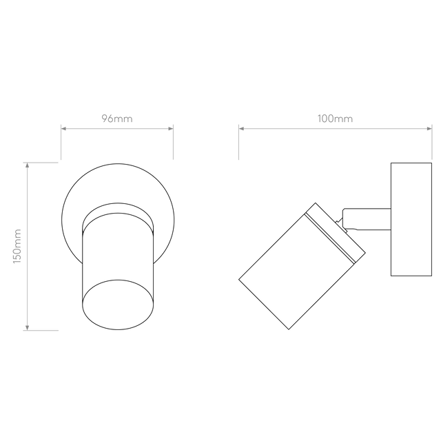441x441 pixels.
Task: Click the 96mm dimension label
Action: pos(117,119)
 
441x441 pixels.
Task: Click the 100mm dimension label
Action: pos(335,119)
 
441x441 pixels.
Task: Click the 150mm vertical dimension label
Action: pos(17,246)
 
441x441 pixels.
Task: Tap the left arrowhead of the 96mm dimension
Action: pos(63,129)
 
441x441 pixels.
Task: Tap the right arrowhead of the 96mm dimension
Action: pos(171,129)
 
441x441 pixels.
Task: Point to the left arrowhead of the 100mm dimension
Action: pos(241,129)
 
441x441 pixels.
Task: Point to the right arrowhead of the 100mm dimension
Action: pos(429,129)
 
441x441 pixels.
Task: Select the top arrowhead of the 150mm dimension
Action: pos(28,165)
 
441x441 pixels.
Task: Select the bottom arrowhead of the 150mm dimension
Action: pos(28,328)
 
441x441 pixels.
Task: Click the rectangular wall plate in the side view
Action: pos(411,219)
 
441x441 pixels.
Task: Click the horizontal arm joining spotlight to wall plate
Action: pos(367,219)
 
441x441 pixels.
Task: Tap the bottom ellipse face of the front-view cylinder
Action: pos(118,305)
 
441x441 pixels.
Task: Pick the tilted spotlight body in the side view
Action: pos(302,266)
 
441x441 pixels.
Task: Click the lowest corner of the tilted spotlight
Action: pos(289,329)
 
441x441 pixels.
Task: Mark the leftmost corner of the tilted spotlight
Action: pos(239,279)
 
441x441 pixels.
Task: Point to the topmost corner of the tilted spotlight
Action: pos(316,203)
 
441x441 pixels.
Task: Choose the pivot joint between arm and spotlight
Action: pos(342,226)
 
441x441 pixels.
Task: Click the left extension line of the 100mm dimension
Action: pos(239,142)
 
